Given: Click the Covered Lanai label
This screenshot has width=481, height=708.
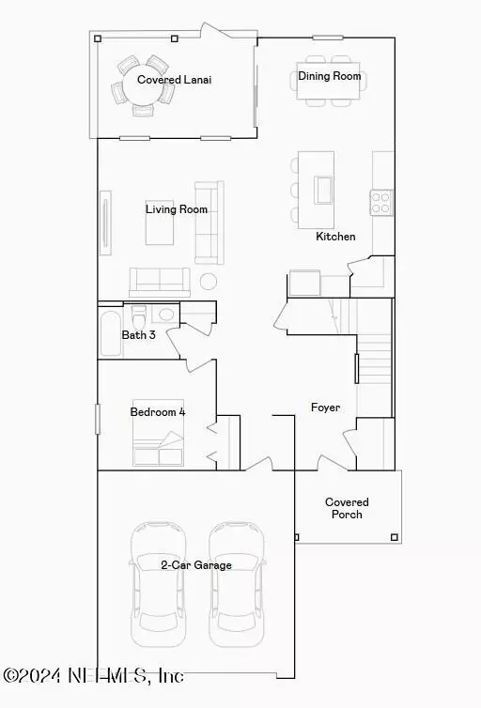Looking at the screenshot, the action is click(x=175, y=80).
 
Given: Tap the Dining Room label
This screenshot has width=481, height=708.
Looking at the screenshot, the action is click(x=329, y=76).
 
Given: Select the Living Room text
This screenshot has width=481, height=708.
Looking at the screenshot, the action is click(x=177, y=209).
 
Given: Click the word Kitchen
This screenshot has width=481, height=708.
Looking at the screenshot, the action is click(x=335, y=236).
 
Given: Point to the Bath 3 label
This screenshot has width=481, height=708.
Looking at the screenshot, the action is click(x=139, y=335).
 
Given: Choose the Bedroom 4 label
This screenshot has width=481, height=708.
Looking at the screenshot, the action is click(x=158, y=412).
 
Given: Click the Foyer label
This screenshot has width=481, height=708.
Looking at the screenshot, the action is click(x=326, y=408).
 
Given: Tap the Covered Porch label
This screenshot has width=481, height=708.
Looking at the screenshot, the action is click(x=347, y=508).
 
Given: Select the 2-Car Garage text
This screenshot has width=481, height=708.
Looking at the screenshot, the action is click(x=196, y=565).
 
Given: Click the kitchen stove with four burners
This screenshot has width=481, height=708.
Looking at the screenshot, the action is click(x=381, y=202).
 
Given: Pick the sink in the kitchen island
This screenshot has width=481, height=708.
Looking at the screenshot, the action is click(x=323, y=190).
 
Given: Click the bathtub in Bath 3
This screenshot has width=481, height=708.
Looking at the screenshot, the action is click(x=111, y=333).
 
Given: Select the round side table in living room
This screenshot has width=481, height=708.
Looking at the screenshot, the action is click(x=209, y=282).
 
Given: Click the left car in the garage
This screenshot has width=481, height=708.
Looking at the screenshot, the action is click(x=159, y=585).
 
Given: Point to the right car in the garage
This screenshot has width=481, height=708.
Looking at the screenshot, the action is click(x=236, y=585).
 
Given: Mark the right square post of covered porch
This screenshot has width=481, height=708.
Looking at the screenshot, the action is click(x=395, y=537).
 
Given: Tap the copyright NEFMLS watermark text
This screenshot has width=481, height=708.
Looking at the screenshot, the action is click(x=94, y=675).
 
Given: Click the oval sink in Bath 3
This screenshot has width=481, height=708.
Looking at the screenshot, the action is click(x=166, y=315).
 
